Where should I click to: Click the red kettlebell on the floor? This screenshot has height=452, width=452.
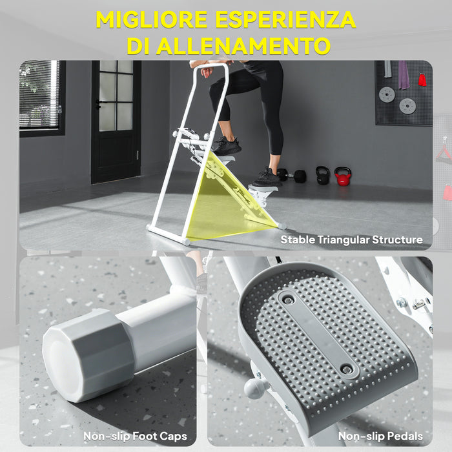(342, 176)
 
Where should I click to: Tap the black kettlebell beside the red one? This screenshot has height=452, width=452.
(322, 176)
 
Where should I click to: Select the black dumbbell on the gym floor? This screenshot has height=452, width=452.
(291, 176)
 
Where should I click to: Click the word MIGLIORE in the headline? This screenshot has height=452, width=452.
(152, 19)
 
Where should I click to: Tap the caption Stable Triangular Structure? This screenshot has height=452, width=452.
(351, 240)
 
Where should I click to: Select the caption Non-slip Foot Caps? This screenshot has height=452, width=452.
(135, 437)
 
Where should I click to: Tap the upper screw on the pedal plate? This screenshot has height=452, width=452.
(288, 300)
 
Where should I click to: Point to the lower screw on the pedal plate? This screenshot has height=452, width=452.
(347, 369)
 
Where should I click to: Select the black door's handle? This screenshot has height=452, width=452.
(98, 103)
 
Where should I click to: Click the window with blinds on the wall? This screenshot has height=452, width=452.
(41, 97)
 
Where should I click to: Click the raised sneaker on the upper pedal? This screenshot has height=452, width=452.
(227, 146)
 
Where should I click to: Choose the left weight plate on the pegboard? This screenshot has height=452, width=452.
(387, 94)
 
